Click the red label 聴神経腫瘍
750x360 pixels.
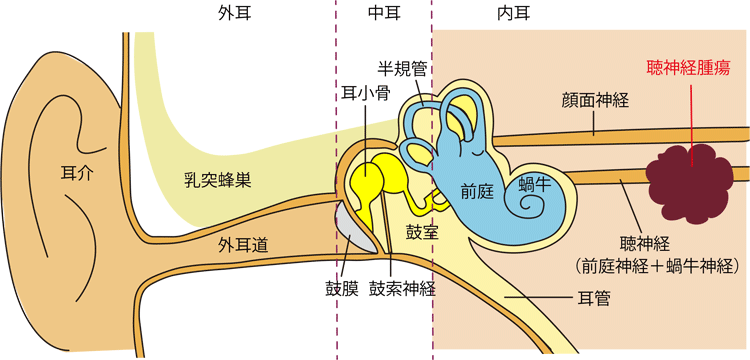pos(688,69)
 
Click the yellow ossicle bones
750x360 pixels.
pos(372,180)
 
